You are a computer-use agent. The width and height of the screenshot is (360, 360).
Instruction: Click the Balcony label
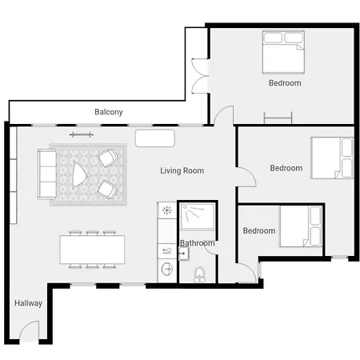[109, 112]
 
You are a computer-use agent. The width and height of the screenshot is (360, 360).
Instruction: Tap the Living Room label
[182, 170]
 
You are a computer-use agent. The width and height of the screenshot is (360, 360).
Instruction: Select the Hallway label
[28, 303]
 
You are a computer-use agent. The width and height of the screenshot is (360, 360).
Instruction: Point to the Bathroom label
[198, 243]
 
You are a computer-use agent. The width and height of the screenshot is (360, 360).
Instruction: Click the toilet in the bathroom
[199, 274]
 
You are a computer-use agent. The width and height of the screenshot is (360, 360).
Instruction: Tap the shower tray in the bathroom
[198, 216]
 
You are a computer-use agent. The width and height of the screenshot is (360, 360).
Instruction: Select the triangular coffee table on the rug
[78, 175]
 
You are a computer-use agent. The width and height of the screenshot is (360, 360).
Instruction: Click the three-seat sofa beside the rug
[47, 174]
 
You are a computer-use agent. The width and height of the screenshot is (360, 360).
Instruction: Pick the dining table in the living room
[92, 250]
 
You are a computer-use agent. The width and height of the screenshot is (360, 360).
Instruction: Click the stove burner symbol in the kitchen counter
[167, 210]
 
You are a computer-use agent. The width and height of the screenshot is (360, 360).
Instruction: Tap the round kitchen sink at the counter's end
[167, 269]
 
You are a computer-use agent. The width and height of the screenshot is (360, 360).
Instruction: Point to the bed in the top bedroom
[283, 52]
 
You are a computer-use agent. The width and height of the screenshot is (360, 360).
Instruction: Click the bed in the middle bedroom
[332, 158]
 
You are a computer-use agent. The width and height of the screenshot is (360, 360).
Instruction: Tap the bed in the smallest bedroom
[301, 226]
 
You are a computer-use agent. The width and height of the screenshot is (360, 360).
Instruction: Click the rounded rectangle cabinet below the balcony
[155, 138]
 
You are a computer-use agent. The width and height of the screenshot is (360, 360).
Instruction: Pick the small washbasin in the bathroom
[183, 254]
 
